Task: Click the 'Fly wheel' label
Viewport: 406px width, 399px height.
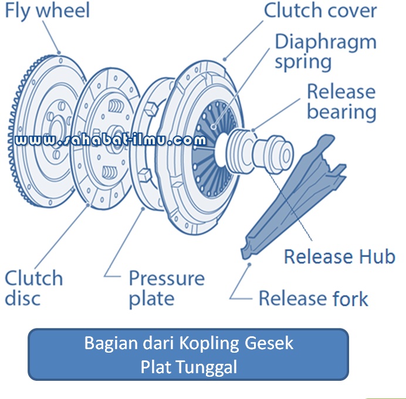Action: (x=48, y=11)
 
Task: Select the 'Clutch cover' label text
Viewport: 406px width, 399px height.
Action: (x=320, y=11)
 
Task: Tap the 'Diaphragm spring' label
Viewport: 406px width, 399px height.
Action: (x=326, y=52)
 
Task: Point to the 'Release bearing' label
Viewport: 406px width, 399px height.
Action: (x=341, y=102)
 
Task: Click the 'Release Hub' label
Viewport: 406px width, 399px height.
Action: (x=340, y=256)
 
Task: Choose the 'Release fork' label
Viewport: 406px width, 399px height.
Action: (x=313, y=299)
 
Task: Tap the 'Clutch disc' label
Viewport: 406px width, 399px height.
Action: (x=33, y=288)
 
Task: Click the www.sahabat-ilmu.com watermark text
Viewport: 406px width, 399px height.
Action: (x=110, y=140)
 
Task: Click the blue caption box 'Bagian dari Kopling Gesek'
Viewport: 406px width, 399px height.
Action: (x=188, y=354)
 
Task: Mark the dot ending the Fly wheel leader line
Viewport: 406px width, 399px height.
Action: (x=59, y=53)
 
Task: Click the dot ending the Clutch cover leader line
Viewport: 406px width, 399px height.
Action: (x=225, y=59)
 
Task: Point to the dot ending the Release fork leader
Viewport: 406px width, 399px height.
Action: (x=249, y=265)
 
